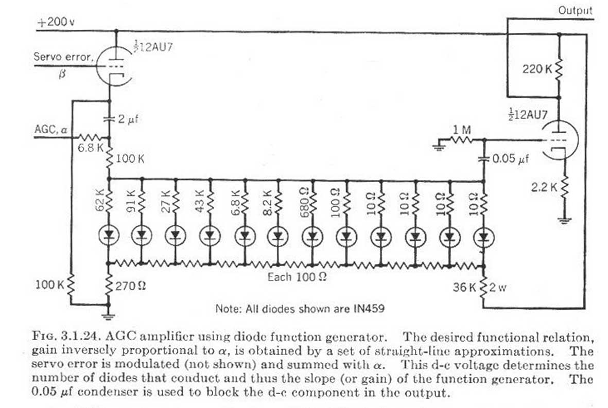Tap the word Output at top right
575,10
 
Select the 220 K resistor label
536,68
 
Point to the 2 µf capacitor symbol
110,119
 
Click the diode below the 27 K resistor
175,236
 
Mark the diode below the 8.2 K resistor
278,236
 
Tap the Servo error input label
63,57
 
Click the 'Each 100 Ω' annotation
297,277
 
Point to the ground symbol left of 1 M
438,148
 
